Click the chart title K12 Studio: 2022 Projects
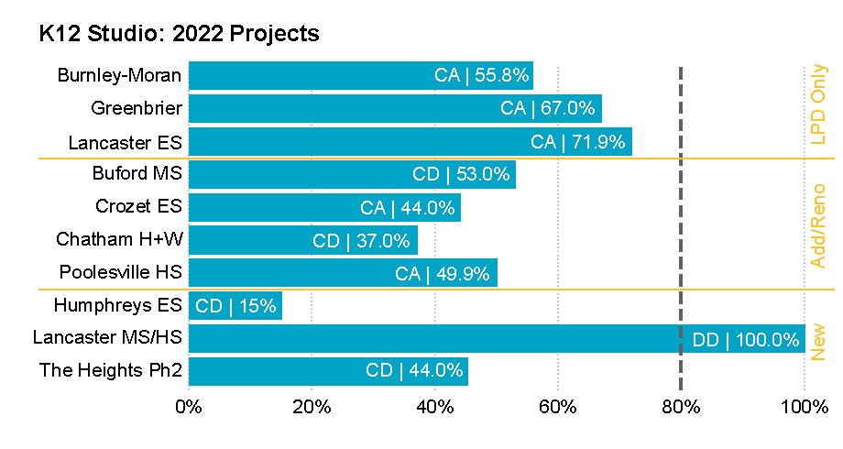[179, 34]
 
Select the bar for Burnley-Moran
[360, 76]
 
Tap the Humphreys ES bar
[235, 306]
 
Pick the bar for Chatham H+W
[302, 241]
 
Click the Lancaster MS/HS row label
[107, 338]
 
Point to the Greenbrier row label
[137, 109]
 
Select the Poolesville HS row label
[120, 273]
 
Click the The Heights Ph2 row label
[111, 371]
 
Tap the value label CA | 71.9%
[578, 142]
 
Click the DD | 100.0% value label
[746, 340]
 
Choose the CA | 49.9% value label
[443, 273]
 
